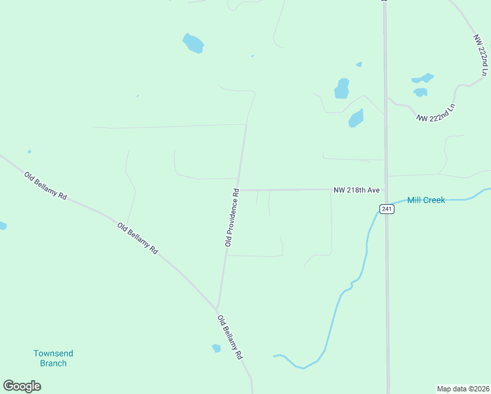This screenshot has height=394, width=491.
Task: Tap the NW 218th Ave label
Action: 356,190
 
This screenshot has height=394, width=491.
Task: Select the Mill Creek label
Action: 426,200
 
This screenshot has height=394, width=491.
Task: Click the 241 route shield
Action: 386,209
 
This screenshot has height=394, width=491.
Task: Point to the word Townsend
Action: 53,353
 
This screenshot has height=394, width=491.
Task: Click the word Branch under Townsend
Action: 53,363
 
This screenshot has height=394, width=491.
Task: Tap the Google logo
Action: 22,386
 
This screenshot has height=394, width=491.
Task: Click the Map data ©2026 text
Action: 462,388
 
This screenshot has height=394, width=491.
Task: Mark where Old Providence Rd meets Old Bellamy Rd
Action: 217,309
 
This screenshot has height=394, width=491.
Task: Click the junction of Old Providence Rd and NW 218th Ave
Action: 238,190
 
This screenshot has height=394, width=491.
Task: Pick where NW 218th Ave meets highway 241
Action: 385,190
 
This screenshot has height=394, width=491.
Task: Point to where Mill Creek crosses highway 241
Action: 385,201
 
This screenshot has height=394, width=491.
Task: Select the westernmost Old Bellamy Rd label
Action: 46,186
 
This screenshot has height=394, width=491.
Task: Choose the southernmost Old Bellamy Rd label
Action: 230,337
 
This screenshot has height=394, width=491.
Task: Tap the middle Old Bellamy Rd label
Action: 138,238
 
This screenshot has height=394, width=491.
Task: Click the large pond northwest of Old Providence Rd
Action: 193,43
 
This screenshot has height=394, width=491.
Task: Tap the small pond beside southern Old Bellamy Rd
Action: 216,348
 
